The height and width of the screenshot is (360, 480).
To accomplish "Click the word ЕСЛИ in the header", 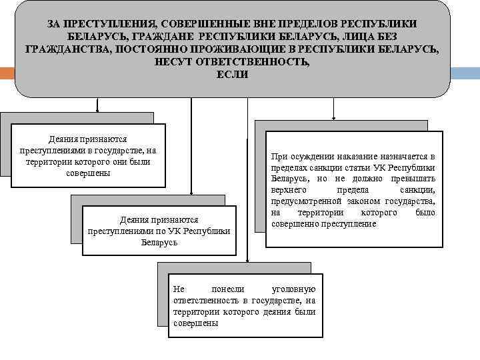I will pyautogui.click(x=232, y=75).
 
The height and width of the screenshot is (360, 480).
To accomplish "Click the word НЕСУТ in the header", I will pyautogui.click(x=174, y=62).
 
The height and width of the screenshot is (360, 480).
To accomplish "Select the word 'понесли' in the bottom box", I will pyautogui.click(x=228, y=289).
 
